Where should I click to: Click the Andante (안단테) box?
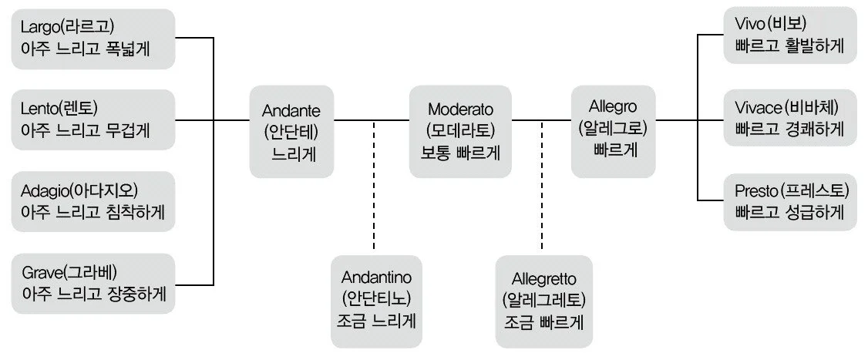click(x=291, y=131)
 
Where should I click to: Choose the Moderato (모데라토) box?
click(x=460, y=131)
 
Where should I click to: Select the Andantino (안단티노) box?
click(x=376, y=299)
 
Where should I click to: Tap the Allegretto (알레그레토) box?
click(x=543, y=299)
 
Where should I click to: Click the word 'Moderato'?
click(x=460, y=110)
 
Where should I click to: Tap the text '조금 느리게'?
click(x=377, y=319)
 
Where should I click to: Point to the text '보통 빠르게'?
click(x=460, y=152)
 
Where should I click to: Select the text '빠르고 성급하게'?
click(x=789, y=211)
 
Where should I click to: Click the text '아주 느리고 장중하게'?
click(x=93, y=294)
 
